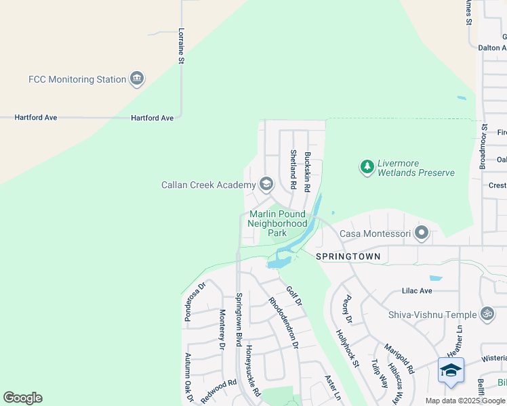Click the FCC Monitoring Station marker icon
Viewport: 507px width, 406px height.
pyautogui.click(x=137, y=79)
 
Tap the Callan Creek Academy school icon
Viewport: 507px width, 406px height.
pyautogui.click(x=266, y=185)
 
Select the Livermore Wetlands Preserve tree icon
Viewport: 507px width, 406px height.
pyautogui.click(x=367, y=166)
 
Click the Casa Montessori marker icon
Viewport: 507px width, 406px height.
pyautogui.click(x=422, y=233)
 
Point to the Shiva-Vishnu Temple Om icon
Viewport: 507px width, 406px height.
pyautogui.click(x=486, y=314)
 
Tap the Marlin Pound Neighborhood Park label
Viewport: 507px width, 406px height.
pyautogui.click(x=277, y=223)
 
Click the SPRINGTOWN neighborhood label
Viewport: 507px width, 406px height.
pyautogui.click(x=348, y=257)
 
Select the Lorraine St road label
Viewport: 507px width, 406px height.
pyautogui.click(x=181, y=46)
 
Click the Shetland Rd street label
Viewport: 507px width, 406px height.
pyautogui.click(x=293, y=169)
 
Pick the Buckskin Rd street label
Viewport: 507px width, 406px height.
pyautogui.click(x=307, y=171)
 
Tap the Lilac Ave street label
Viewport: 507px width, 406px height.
pyautogui.click(x=416, y=290)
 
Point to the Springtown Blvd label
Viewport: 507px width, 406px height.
pyautogui.click(x=239, y=319)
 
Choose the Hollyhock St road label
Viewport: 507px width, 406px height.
pyautogui.click(x=348, y=348)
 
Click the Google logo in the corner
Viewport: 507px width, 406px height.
pyautogui.click(x=22, y=398)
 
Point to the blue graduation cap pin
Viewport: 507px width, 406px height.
pyautogui.click(x=451, y=370)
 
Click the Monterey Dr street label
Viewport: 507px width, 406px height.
pyautogui.click(x=222, y=330)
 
